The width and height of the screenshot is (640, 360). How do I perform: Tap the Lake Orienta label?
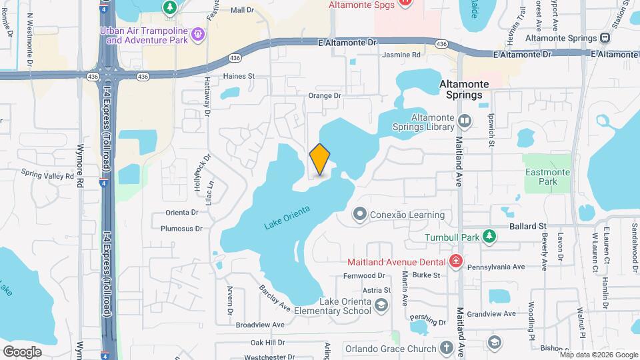pos(287,219)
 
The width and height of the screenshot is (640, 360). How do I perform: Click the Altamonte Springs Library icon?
pos(465,122)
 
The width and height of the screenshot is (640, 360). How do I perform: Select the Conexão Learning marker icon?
pos(360,215)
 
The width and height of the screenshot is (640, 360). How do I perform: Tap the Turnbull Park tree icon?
pos(489,237)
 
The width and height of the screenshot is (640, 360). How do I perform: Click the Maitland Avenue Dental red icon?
pos(456,260)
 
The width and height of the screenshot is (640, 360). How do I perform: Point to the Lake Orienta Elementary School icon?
pos(381,306)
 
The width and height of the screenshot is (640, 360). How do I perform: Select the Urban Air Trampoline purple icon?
pos(197,34)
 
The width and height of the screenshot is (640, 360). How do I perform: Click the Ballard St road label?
pos(528,227)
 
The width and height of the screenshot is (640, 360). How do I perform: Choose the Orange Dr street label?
pos(325,96)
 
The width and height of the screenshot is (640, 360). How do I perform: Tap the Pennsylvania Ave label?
pos(496,267)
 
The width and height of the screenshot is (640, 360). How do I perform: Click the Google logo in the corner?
pos(22,351)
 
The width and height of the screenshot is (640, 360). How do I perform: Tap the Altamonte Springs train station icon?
pos(605,37)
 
